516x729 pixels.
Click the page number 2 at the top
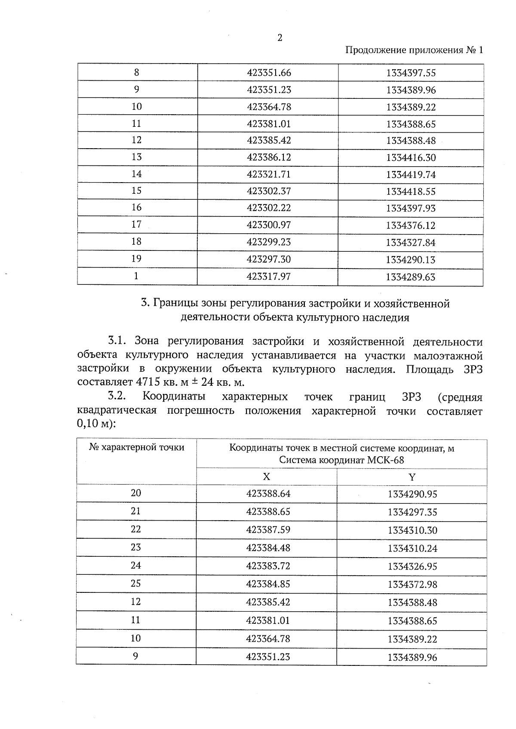coord(280,38)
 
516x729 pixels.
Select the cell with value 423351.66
coord(269,73)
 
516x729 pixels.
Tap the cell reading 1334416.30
coord(411,158)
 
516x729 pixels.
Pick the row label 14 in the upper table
coord(137,174)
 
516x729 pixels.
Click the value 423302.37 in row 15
coord(269,191)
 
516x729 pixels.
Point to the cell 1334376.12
coord(411,225)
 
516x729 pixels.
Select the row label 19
coord(136,259)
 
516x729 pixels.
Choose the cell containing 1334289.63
coord(411,277)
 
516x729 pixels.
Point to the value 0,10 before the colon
coord(87,425)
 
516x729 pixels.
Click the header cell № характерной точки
coord(137,448)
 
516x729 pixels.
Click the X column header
coord(267,477)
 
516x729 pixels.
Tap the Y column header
coord(412,477)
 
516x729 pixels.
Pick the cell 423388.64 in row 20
coord(268,494)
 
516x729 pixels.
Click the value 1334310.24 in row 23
coord(412,549)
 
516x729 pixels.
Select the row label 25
coord(136,583)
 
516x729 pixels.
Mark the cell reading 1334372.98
coord(412,585)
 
